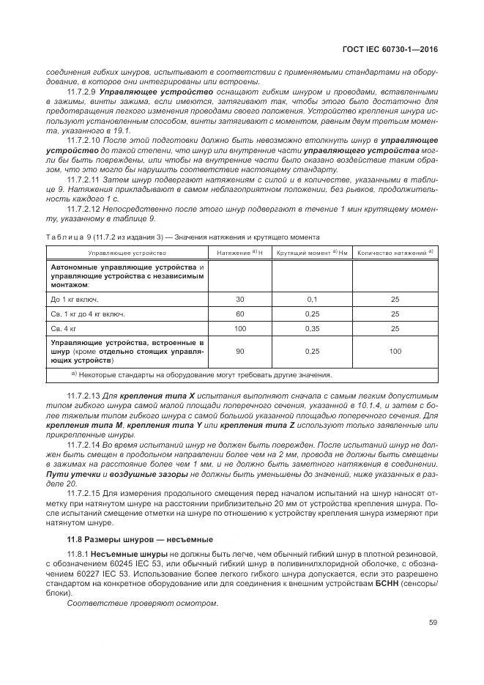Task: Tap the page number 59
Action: click(433, 623)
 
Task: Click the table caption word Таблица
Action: click(64, 237)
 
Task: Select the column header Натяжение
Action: click(234, 253)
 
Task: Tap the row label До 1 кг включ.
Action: click(74, 299)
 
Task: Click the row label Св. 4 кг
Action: click(63, 328)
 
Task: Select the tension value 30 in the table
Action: click(240, 299)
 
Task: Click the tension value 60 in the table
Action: click(240, 314)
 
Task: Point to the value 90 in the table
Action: click(240, 352)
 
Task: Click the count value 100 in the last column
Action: click(395, 352)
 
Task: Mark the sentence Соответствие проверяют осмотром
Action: click(142, 603)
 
